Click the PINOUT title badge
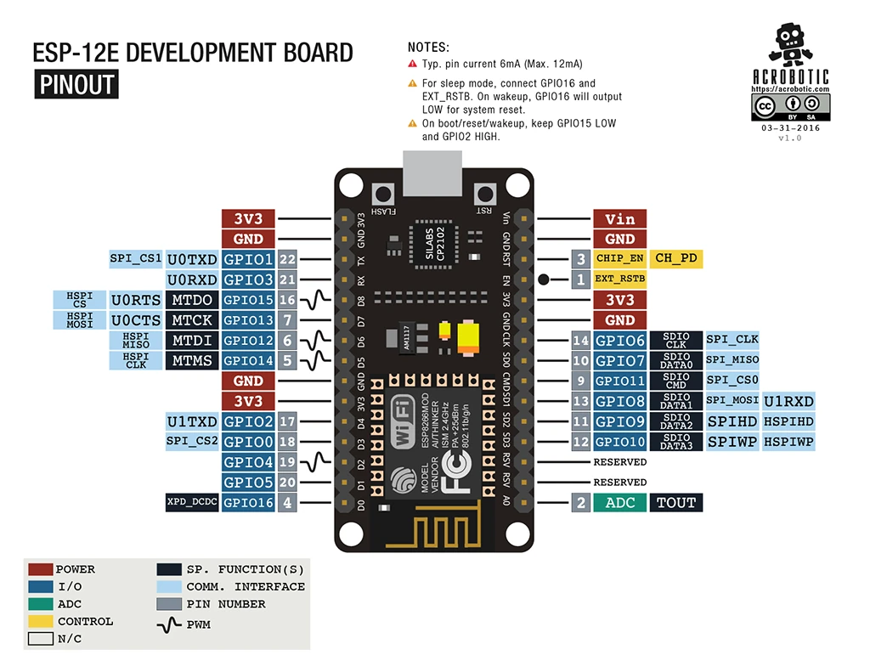(x=76, y=85)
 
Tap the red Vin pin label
(x=619, y=219)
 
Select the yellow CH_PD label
(x=677, y=258)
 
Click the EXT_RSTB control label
(x=619, y=279)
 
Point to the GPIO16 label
(x=248, y=503)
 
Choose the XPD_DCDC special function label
(x=192, y=503)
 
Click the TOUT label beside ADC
(x=676, y=503)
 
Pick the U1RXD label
(x=788, y=401)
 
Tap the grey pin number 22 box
(x=287, y=259)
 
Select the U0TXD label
(x=192, y=259)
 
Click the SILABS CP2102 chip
(x=434, y=244)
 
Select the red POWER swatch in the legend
(x=40, y=569)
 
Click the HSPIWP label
(x=788, y=442)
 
